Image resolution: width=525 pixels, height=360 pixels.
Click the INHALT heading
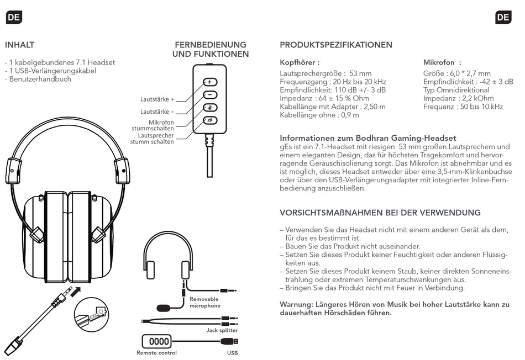tap(20, 45)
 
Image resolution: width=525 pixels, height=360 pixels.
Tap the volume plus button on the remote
tap(209, 82)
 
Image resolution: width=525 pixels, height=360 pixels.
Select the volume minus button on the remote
tap(209, 95)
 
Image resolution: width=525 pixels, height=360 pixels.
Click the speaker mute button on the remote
tap(209, 120)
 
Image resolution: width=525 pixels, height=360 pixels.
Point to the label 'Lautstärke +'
tap(158, 99)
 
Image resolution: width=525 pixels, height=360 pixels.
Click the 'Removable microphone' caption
tap(205, 303)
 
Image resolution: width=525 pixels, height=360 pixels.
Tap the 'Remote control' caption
tap(157, 353)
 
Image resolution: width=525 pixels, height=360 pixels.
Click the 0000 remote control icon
tap(156, 341)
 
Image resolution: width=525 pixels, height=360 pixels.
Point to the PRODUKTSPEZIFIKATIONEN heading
tap(336, 45)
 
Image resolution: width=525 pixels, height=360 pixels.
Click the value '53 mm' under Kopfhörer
tap(360, 73)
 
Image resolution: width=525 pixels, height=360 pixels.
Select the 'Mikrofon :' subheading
tap(442, 63)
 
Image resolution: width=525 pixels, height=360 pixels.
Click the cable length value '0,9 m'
tap(348, 115)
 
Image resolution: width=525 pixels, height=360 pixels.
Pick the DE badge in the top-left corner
tap(14, 17)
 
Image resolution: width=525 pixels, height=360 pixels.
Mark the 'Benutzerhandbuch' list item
tap(40, 79)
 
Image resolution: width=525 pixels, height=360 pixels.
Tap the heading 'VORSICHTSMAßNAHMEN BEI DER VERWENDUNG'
tap(380, 213)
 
